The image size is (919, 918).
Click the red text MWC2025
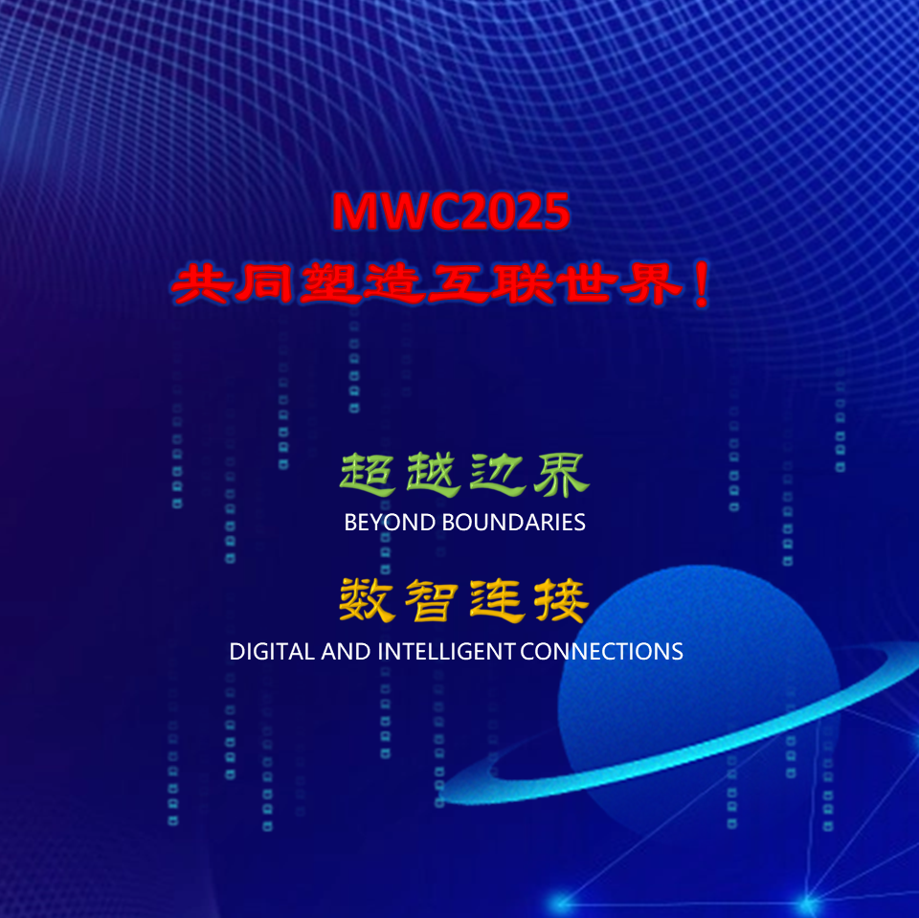click(x=451, y=211)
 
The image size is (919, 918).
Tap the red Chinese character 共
click(x=201, y=284)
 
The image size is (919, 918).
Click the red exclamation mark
click(x=701, y=284)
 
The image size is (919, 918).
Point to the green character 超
click(x=367, y=475)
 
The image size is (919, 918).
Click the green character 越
click(x=433, y=475)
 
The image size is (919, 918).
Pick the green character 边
click(x=497, y=475)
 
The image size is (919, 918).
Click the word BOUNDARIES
click(x=513, y=523)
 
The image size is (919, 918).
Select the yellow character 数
click(x=367, y=600)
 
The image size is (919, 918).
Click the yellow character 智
click(x=432, y=600)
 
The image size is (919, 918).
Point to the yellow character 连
click(x=496, y=600)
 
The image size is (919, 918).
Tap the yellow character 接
click(x=561, y=600)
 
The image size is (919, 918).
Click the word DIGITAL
click(x=271, y=652)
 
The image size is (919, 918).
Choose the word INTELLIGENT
click(x=446, y=652)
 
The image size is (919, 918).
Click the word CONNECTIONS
click(x=601, y=652)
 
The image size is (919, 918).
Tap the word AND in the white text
click(x=346, y=652)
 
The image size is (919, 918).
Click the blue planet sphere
click(x=698, y=692)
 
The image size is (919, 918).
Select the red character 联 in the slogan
click(x=522, y=284)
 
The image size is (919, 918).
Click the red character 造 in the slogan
click(x=393, y=284)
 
